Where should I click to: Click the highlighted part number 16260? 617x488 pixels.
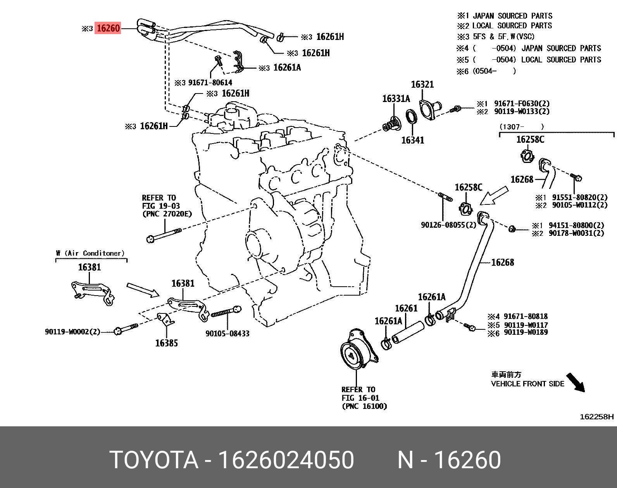tap(108, 28)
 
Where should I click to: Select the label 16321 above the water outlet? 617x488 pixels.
tap(422, 85)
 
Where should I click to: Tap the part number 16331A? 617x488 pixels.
tap(396, 99)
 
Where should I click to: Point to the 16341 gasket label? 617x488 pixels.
tap(412, 140)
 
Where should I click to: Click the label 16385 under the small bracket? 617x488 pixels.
tap(166, 343)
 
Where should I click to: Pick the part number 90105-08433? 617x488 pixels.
tap(227, 333)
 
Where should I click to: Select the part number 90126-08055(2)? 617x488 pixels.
tap(448, 225)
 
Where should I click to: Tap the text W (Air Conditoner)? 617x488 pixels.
tap(90, 253)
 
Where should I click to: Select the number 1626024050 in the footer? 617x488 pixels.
tap(286, 460)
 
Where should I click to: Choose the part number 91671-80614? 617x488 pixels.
tap(210, 83)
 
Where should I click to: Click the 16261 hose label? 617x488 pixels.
tap(406, 308)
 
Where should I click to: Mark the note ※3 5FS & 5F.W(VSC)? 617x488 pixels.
tap(496, 37)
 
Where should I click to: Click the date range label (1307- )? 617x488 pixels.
tap(521, 126)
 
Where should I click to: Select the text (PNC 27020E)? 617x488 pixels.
tap(167, 214)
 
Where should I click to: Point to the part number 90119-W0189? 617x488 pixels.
tap(526, 332)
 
